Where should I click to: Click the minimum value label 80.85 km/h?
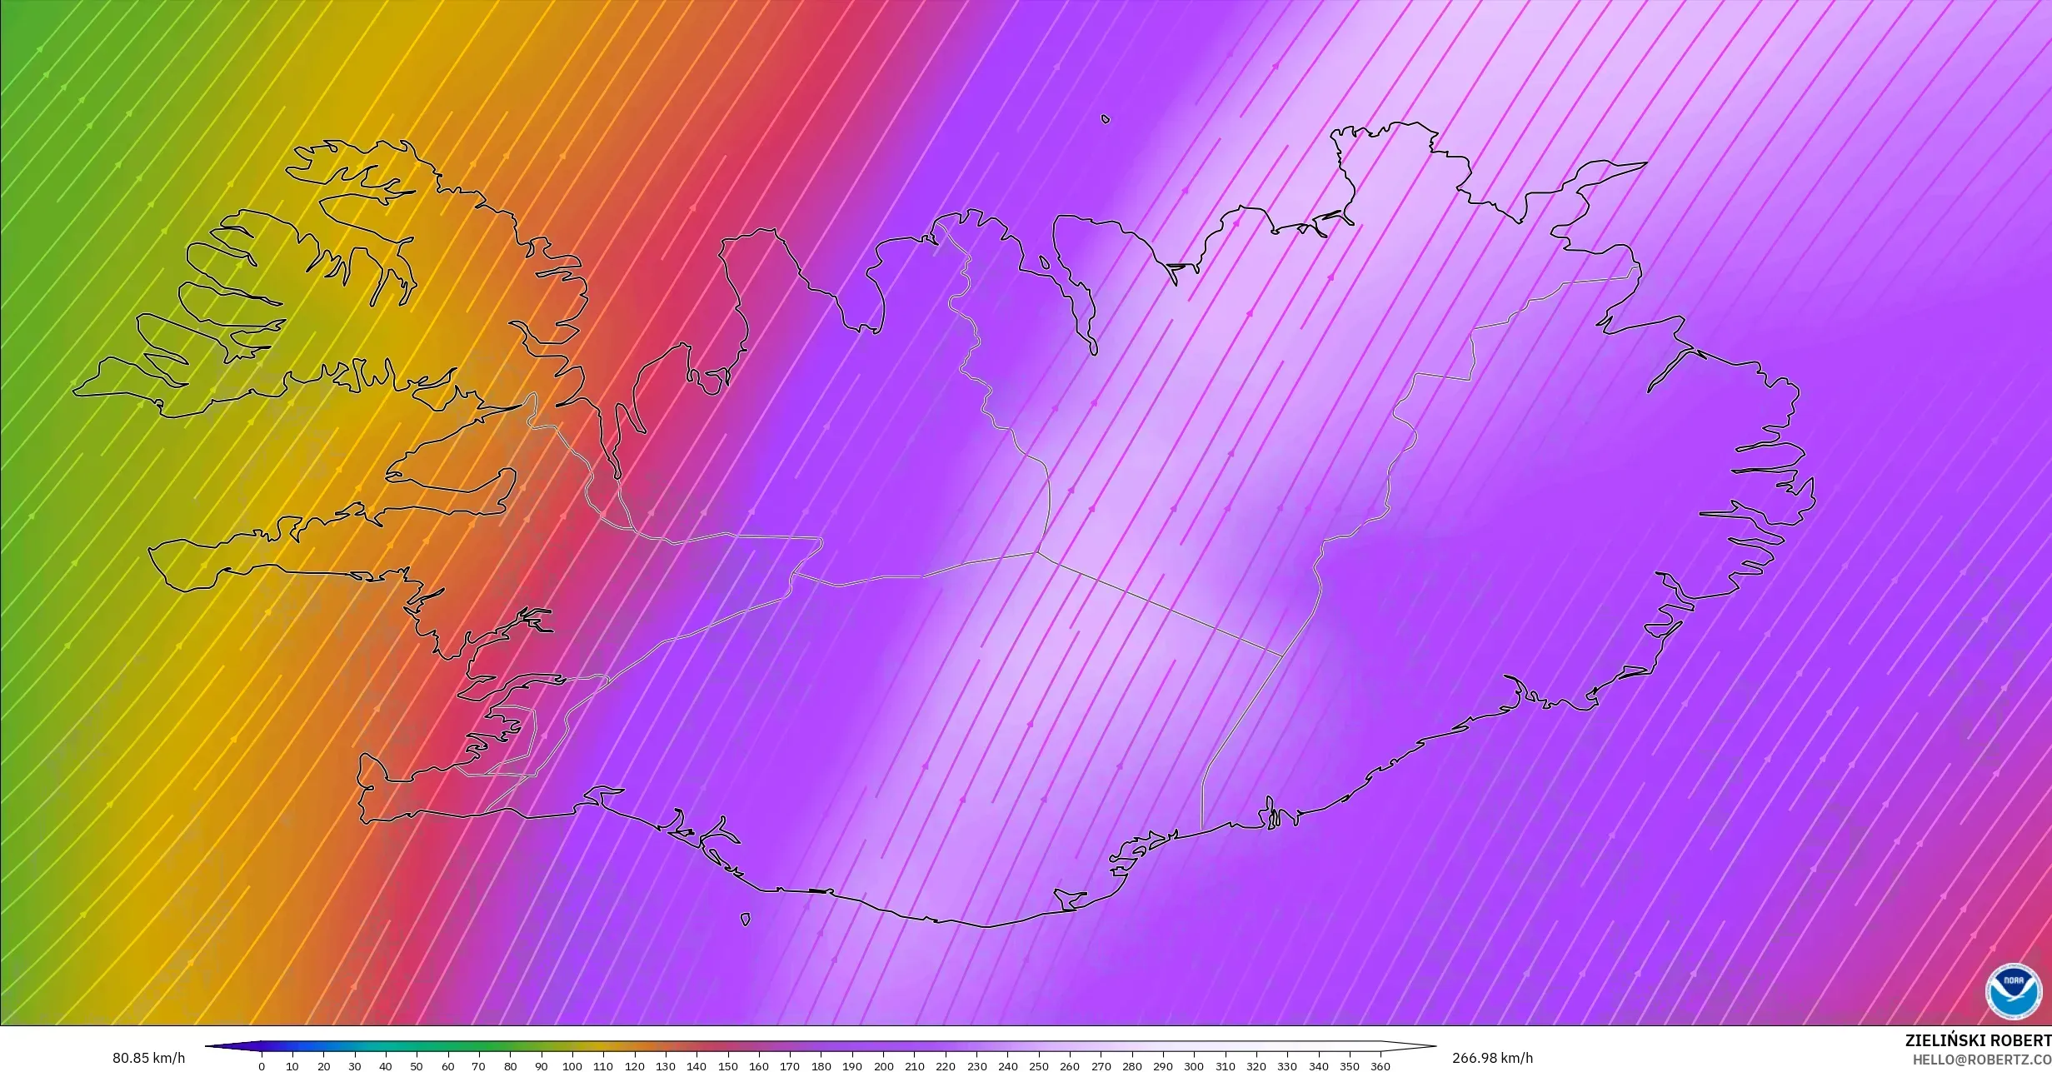click(x=149, y=1059)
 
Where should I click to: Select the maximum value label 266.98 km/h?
click(x=1492, y=1058)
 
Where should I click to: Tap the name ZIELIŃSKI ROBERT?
click(x=1978, y=1040)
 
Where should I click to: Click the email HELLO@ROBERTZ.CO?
click(x=1981, y=1060)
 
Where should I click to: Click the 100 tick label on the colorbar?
click(x=572, y=1066)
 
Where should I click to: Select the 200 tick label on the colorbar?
click(x=883, y=1066)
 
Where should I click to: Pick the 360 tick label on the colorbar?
click(x=1380, y=1066)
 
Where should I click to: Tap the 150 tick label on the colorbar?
click(x=727, y=1066)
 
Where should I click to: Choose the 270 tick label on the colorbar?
click(x=1101, y=1066)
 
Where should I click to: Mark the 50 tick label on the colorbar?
click(x=417, y=1066)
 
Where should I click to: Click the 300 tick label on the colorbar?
click(x=1194, y=1066)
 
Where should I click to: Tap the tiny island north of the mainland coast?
click(x=1106, y=119)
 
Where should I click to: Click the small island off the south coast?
click(x=745, y=919)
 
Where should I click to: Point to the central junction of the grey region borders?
click(x=1036, y=551)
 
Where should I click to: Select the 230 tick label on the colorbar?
click(x=976, y=1066)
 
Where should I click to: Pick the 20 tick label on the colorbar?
click(x=323, y=1066)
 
